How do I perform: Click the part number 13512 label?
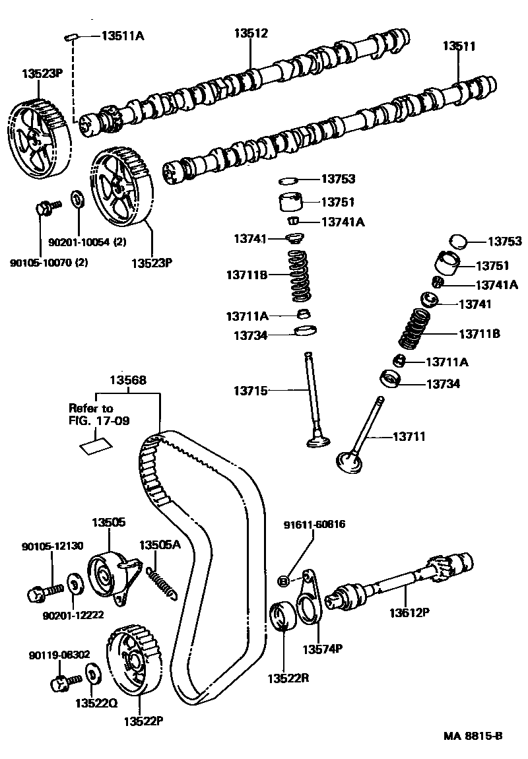[252, 33]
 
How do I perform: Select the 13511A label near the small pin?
[122, 36]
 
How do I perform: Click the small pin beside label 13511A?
[73, 38]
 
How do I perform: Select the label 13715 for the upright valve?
[250, 391]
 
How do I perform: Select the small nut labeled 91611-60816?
[283, 581]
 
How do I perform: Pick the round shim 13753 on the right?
[458, 242]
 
